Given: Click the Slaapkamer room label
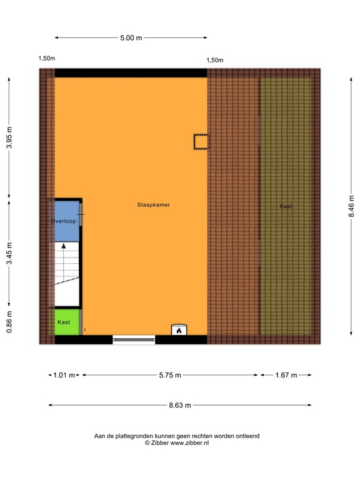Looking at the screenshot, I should [x=154, y=204].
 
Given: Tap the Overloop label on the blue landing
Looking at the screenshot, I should [x=63, y=221].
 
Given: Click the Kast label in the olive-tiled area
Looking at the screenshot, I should [x=286, y=206].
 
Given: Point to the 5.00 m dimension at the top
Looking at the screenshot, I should [x=131, y=38].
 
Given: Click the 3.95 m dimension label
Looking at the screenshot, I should [x=9, y=138].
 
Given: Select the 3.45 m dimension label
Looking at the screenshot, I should [x=9, y=254].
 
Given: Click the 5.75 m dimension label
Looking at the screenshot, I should [x=169, y=375].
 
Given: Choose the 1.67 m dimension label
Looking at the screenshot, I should [x=285, y=375].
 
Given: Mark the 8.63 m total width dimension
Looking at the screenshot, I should [x=180, y=405].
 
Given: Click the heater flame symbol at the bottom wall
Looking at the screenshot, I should [x=179, y=330].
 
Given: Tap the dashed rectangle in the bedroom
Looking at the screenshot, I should [x=200, y=142].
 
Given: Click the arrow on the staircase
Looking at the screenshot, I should [x=63, y=247].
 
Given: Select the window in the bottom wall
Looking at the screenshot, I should [x=134, y=339].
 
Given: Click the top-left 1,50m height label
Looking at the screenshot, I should [x=47, y=59].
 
